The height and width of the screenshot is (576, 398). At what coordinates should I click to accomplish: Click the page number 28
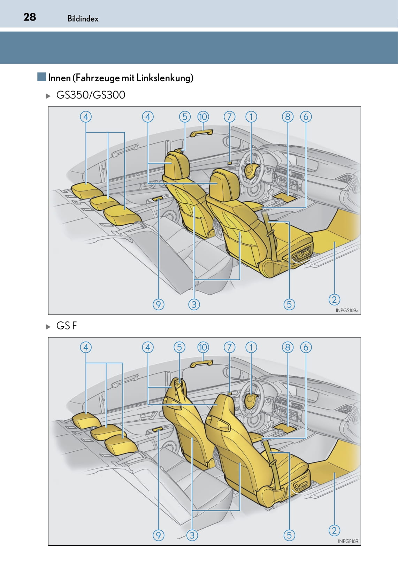coord(30,17)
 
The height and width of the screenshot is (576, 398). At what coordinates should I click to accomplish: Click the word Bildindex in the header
coord(83,18)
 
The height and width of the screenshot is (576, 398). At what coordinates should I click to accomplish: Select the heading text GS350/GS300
coord(91,95)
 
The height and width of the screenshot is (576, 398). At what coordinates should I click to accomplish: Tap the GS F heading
coord(67,326)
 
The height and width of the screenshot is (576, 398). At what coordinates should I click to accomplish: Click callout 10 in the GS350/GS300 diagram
coord(203,117)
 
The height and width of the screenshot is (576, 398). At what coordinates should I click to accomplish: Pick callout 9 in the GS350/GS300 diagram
coord(159,304)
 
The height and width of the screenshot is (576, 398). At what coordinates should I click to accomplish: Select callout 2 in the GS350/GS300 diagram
coord(335,299)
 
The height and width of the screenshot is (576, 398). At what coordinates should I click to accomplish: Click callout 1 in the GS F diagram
coord(251,348)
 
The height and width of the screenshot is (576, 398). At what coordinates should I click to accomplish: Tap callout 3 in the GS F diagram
coord(192,535)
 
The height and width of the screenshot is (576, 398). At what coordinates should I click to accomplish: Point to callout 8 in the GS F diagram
coord(288,348)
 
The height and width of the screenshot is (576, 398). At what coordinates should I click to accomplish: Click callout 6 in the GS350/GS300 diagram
coord(306,117)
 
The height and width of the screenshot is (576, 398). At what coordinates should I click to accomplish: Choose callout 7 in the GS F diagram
coord(229,348)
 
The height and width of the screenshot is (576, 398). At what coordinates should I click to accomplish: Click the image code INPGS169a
coord(347,310)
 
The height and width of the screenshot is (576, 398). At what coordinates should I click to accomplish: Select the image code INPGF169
coord(348,541)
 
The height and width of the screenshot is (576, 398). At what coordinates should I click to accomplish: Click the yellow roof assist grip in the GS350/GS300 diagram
coord(202,133)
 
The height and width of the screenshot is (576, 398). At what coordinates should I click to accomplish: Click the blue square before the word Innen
coord(41,77)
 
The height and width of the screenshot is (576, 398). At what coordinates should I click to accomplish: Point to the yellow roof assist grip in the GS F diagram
coord(202,364)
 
